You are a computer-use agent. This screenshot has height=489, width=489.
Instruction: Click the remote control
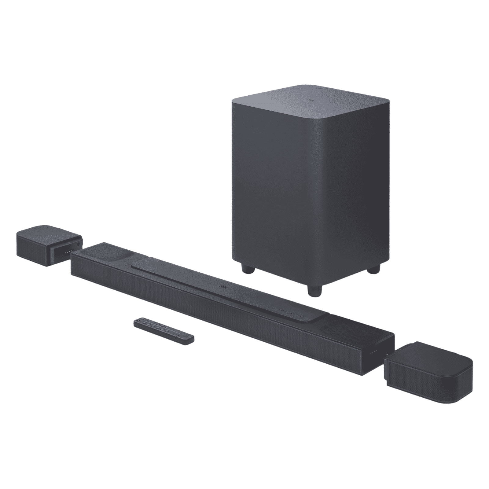tap(164, 332)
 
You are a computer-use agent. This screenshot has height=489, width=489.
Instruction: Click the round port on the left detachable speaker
tap(79, 244)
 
